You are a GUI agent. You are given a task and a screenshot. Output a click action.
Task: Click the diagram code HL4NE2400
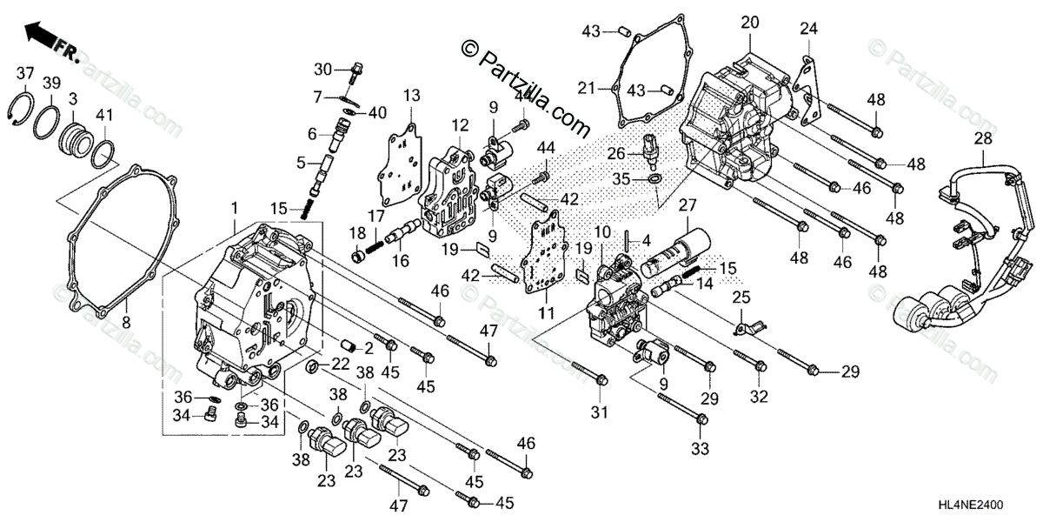pos(989,505)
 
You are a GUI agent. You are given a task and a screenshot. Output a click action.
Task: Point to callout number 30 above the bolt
pos(323,69)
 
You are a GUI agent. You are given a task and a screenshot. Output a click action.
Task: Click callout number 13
pos(411,94)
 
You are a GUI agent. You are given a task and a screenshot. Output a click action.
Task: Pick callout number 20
pos(750,22)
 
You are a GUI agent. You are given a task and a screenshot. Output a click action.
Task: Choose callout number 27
pos(689,205)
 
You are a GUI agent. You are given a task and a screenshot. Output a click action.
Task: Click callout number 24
pos(809,29)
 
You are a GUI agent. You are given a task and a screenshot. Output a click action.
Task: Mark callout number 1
pos(234,208)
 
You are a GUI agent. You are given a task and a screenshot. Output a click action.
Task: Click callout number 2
pos(369,349)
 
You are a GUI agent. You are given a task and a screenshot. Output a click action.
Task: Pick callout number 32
pos(760,397)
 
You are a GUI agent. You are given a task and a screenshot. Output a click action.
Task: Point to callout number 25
pos(741,298)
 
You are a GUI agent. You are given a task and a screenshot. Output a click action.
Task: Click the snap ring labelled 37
pos(26,112)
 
